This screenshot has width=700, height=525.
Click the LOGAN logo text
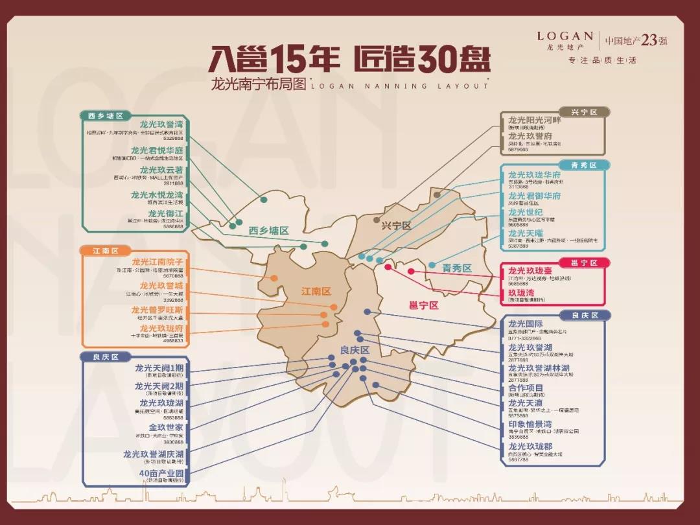point(565,36)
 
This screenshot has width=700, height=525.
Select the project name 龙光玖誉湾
point(161,124)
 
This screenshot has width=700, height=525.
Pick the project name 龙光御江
point(165,213)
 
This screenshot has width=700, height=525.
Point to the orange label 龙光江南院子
point(157,262)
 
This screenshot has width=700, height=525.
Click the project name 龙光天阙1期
point(159,368)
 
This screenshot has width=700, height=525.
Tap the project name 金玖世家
point(165,428)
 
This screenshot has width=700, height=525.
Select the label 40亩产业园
point(161,474)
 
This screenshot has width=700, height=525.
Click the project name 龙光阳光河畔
point(534,120)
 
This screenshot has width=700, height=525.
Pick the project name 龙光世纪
point(526,213)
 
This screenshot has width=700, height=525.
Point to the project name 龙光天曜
point(526,233)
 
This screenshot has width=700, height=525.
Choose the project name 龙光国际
point(526,324)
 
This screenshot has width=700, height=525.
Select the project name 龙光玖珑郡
point(530,447)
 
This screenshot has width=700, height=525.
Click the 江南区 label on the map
point(316,292)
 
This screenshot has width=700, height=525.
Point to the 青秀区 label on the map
point(458,268)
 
